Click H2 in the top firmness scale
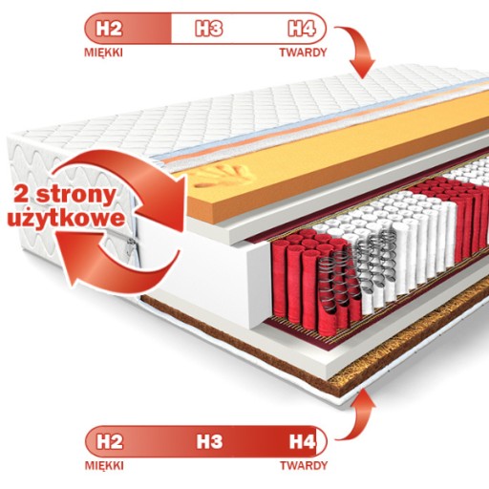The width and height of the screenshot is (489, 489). point(109,29)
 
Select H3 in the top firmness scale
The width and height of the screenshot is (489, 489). point(208,29)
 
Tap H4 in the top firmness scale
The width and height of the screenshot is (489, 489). point(302,29)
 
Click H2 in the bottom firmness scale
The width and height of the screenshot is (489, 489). point(109,441)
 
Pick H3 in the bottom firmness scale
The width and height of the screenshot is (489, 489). point(209,441)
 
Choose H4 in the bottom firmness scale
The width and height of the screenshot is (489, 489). point(303,441)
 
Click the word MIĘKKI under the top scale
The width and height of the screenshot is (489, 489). point(103,53)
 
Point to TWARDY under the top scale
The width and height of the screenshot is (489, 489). point(303,53)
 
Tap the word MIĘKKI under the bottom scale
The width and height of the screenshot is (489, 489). point(104,466)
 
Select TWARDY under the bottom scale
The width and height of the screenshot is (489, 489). point(304,465)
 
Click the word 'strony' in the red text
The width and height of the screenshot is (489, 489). point(75,195)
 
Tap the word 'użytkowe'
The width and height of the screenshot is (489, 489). point(66,219)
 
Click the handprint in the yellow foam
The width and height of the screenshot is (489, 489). point(223,176)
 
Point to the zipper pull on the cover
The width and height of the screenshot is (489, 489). point(130,247)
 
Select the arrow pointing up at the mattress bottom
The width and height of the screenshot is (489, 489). point(359,414)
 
